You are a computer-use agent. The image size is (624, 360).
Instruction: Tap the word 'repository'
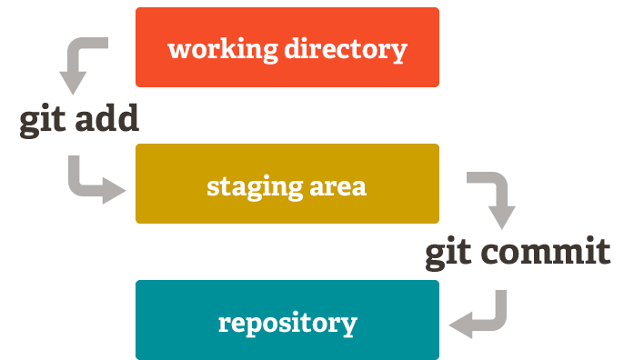(287, 324)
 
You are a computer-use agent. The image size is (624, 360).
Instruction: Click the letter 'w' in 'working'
(179, 49)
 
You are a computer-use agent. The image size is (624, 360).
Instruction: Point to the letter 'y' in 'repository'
(348, 326)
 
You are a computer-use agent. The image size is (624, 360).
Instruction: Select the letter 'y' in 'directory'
(398, 52)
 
